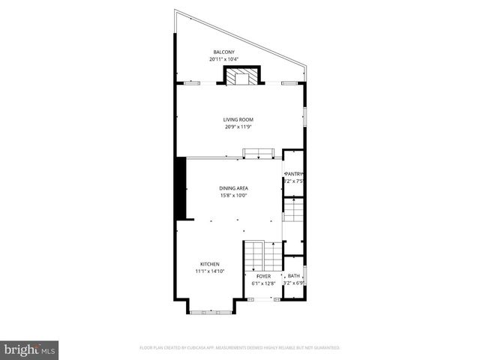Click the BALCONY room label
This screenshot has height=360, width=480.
pyautogui.click(x=223, y=52)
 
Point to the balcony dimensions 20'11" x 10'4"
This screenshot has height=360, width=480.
pyautogui.click(x=223, y=59)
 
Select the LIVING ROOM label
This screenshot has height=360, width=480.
pyautogui.click(x=238, y=119)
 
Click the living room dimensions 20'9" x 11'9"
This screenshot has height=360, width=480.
pyautogui.click(x=238, y=127)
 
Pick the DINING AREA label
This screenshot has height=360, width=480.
pyautogui.click(x=234, y=188)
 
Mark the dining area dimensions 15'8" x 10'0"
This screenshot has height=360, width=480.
pyautogui.click(x=234, y=196)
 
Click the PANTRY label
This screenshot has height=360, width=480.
pyautogui.click(x=293, y=174)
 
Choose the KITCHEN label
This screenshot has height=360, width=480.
pyautogui.click(x=209, y=263)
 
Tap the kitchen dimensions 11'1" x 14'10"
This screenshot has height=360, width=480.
pyautogui.click(x=209, y=271)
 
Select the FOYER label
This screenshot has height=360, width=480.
pyautogui.click(x=263, y=276)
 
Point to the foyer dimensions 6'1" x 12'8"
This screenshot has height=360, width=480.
pyautogui.click(x=263, y=283)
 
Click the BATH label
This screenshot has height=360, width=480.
pyautogui.click(x=293, y=276)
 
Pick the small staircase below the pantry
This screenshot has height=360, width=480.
pyautogui.click(x=293, y=211)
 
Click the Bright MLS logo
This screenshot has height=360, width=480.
pyautogui.click(x=30, y=349)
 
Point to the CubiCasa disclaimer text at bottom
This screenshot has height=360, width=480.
pyautogui.click(x=240, y=348)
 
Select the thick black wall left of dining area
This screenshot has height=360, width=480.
pyautogui.click(x=180, y=188)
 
